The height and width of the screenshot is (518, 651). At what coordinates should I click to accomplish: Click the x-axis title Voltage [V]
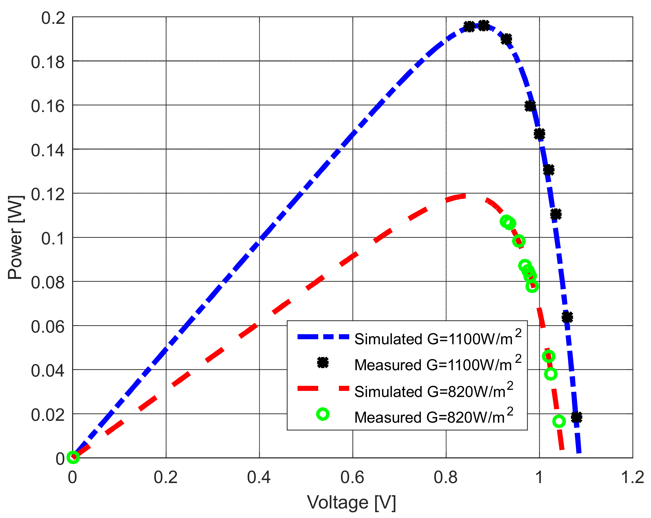pos(351,502)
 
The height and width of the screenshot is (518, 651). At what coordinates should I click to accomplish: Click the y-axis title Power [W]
pos(15,238)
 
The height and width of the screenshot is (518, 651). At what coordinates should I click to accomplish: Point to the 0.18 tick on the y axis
pos(48,62)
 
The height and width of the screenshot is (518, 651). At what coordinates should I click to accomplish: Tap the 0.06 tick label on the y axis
pos(48,327)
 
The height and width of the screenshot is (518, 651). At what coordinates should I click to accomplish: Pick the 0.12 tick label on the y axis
pos(48,194)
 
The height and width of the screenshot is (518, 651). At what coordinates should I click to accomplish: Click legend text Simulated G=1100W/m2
pos(438,338)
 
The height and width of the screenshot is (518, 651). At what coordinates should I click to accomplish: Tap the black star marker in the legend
pos(323,363)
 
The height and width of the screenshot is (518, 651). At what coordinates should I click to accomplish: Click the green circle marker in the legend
pos(323,414)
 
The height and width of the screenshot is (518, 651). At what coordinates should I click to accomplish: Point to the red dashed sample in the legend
pos(323,388)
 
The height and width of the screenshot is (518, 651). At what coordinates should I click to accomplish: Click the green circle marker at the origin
pos(73,457)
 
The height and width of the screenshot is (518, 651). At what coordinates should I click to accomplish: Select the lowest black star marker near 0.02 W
pos(576,417)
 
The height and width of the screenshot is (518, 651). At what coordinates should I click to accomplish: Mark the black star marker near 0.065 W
pos(567,317)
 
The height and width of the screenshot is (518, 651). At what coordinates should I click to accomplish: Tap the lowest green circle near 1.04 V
pos(559,421)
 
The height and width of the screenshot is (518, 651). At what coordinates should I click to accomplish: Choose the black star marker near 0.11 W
pos(556,214)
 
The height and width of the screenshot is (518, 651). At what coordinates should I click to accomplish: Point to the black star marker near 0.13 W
pos(549,170)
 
